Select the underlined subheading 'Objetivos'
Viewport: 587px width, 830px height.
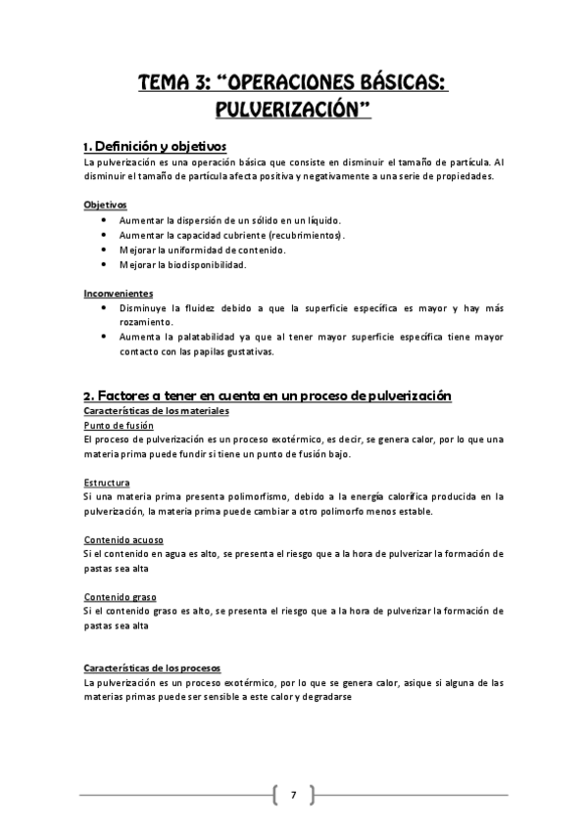(105, 206)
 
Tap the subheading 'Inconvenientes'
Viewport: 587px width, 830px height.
(119, 293)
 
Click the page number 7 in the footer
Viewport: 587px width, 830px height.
(292, 794)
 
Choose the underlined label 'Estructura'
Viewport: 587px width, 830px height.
(108, 483)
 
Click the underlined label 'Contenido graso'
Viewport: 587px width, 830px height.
(121, 596)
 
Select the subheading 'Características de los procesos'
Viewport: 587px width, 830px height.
(153, 667)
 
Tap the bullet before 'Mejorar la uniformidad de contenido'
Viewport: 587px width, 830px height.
(105, 250)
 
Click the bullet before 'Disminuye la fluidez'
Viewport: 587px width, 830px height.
(105, 307)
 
